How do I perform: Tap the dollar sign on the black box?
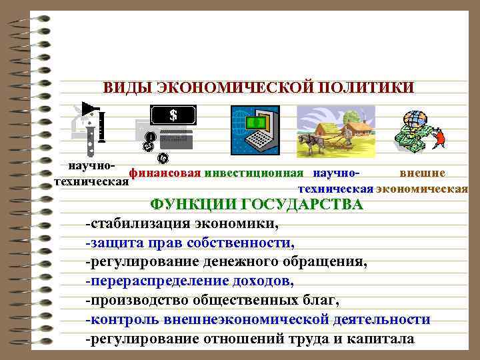pyautogui.click(x=174, y=115)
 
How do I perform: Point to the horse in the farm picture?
pyautogui.click(x=314, y=142)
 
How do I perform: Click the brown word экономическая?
pyautogui.click(x=422, y=188)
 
